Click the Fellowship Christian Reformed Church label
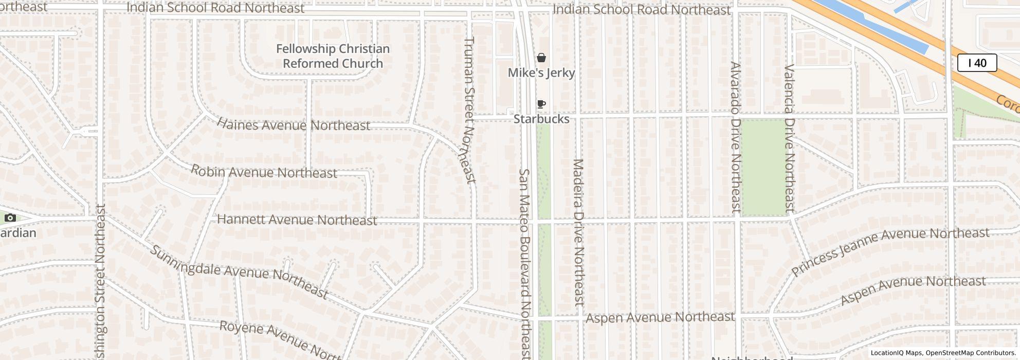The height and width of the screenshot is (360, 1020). click(333, 56)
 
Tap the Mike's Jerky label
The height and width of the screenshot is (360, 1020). click(541, 73)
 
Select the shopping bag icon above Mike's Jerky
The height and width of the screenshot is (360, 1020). click(541, 58)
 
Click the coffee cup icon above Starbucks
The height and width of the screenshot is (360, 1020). click(541, 104)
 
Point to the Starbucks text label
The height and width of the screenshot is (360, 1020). click(541, 119)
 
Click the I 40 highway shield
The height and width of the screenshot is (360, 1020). click(977, 63)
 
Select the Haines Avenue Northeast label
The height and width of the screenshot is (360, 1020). click(293, 124)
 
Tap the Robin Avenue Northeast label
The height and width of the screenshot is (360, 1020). click(264, 172)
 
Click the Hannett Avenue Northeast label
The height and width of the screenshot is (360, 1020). click(297, 220)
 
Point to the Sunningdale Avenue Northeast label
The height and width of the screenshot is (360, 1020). click(239, 272)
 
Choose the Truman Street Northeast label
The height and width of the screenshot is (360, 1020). click(470, 110)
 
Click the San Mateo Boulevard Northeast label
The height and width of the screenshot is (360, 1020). click(524, 263)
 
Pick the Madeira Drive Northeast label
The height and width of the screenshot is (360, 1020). click(578, 232)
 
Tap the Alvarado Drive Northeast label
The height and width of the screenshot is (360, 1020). click(735, 137)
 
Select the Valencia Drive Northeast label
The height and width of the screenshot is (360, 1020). click(789, 138)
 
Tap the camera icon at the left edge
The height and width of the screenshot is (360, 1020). click(10, 218)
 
